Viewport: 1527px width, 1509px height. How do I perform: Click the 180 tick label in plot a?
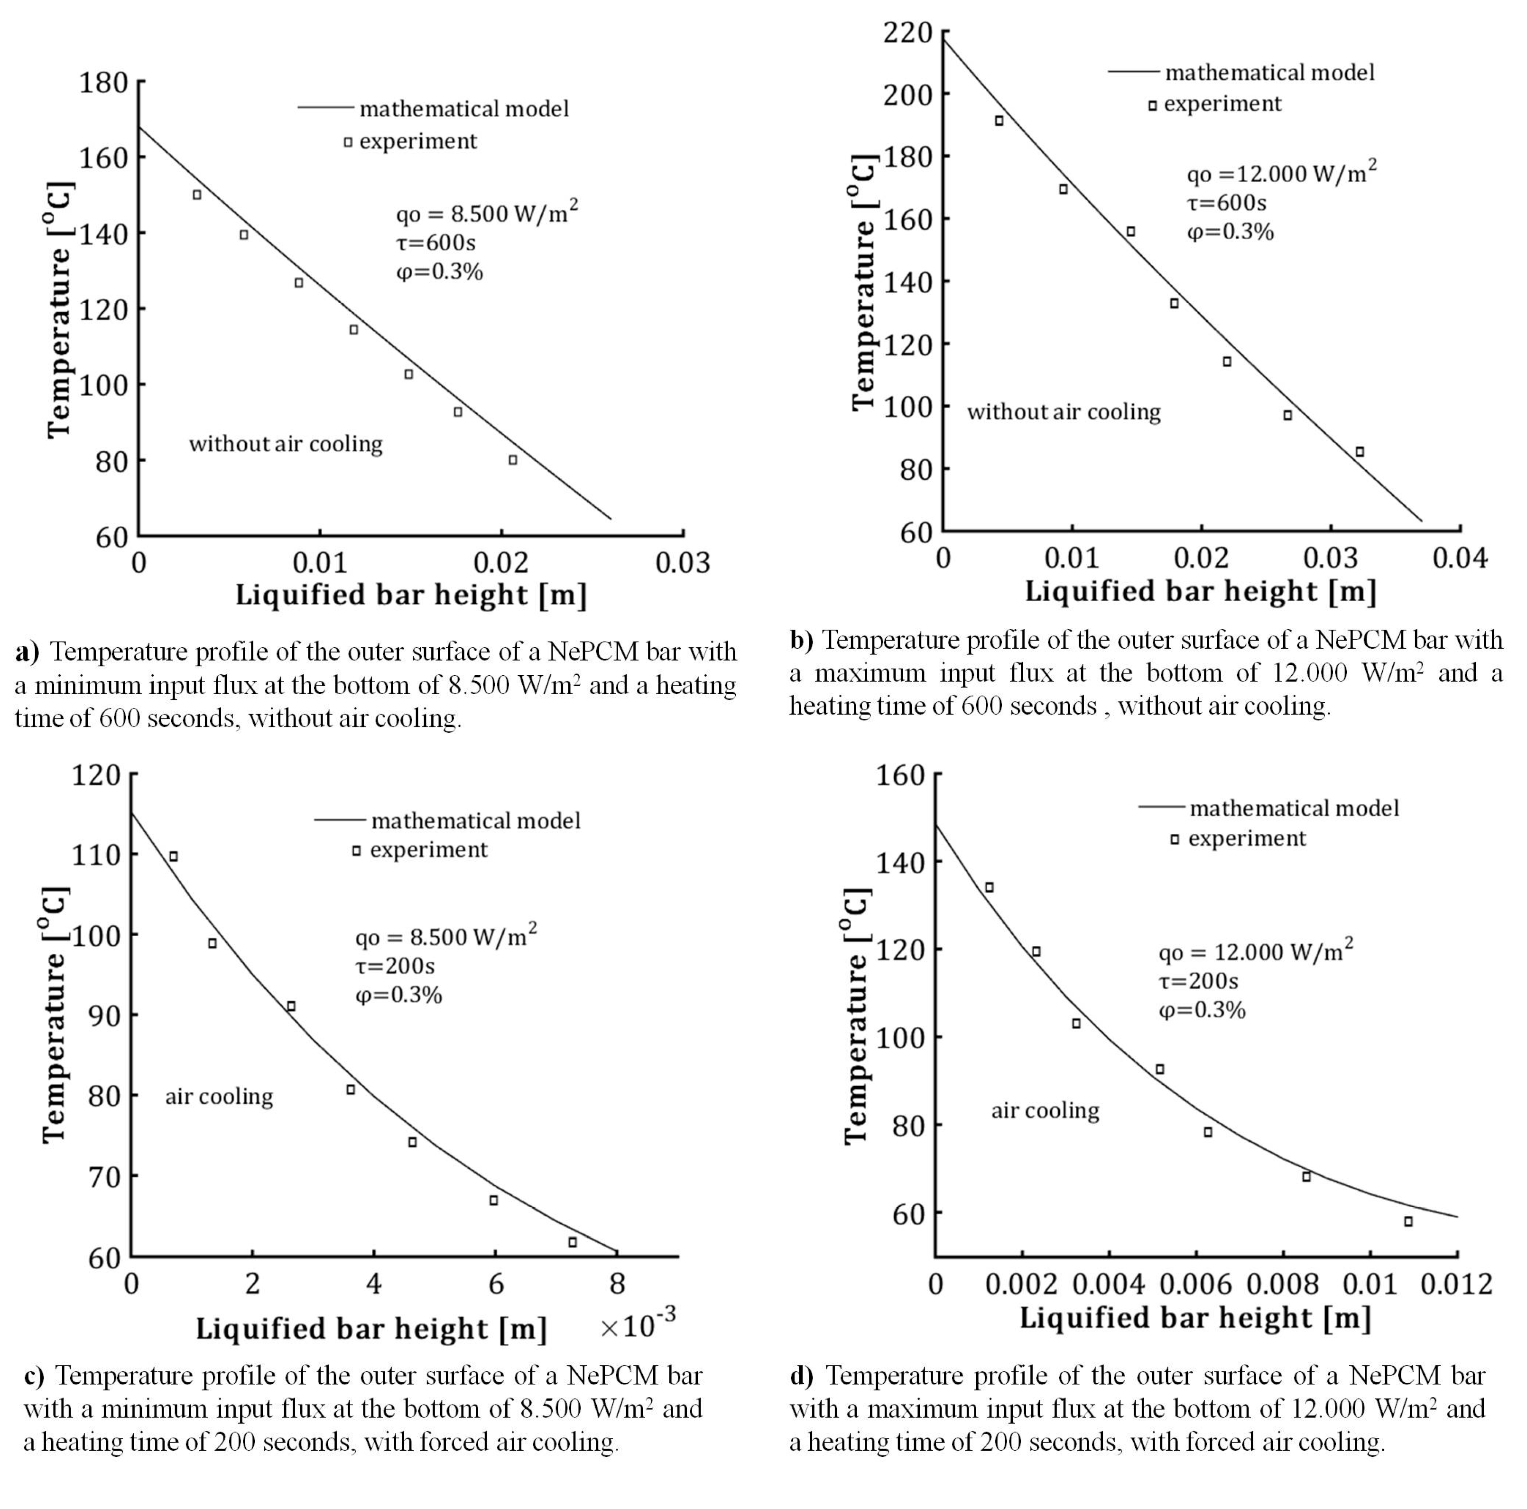pos(103,82)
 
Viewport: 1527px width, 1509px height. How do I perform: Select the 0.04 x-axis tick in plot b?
pos(1459,558)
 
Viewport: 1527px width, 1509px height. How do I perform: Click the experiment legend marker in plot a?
pos(348,142)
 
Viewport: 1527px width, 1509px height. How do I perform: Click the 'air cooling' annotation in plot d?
pos(1045,1110)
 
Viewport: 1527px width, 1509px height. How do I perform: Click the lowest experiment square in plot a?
pos(513,460)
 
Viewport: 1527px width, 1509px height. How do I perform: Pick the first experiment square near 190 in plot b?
pos(999,121)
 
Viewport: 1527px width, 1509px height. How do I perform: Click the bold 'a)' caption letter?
pos(28,652)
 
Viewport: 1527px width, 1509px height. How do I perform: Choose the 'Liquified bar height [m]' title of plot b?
pos(1200,591)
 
